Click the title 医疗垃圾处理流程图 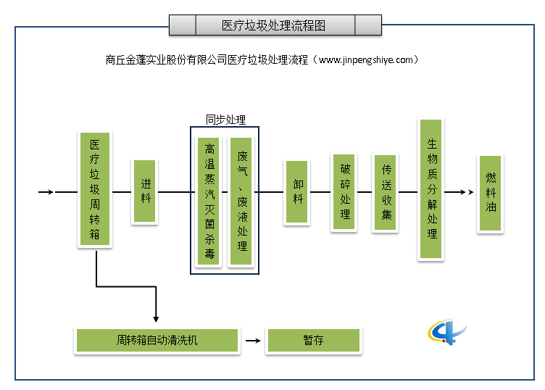pos(275,25)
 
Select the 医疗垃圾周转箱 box pos(95,190)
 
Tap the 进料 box pos(146,191)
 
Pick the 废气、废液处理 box pos(241,202)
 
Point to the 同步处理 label pos(225,120)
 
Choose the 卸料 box pos(298,192)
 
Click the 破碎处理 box pos(345,192)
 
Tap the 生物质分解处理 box pos(432,189)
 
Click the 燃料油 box pos(491,193)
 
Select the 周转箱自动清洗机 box pos(157,341)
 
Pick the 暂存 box pos(313,341)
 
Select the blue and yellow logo pos(446,331)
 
